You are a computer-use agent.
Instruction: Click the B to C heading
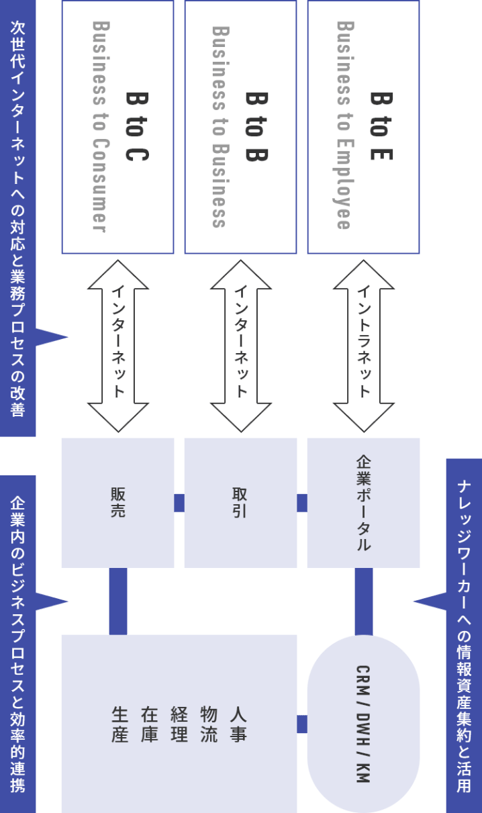pyautogui.click(x=137, y=126)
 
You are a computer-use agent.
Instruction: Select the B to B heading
pyautogui.click(x=258, y=126)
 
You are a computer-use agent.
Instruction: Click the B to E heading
pyautogui.click(x=381, y=126)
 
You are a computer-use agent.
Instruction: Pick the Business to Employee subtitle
pyautogui.click(x=343, y=126)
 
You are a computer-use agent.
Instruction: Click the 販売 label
pyautogui.click(x=118, y=503)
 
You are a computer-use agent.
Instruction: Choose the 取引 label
pyautogui.click(x=241, y=503)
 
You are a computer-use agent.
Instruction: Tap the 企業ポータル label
pyautogui.click(x=363, y=503)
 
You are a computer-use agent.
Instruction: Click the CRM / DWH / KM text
pyautogui.click(x=363, y=724)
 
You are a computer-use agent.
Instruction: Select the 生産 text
pyautogui.click(x=119, y=724)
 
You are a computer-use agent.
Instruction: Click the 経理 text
pyautogui.click(x=179, y=724)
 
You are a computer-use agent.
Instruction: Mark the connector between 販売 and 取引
pyautogui.click(x=179, y=503)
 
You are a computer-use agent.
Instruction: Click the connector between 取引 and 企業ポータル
pyautogui.click(x=302, y=503)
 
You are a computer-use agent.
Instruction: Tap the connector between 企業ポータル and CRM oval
pyautogui.click(x=363, y=601)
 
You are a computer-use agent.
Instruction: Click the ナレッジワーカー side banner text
pyautogui.click(x=464, y=634)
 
